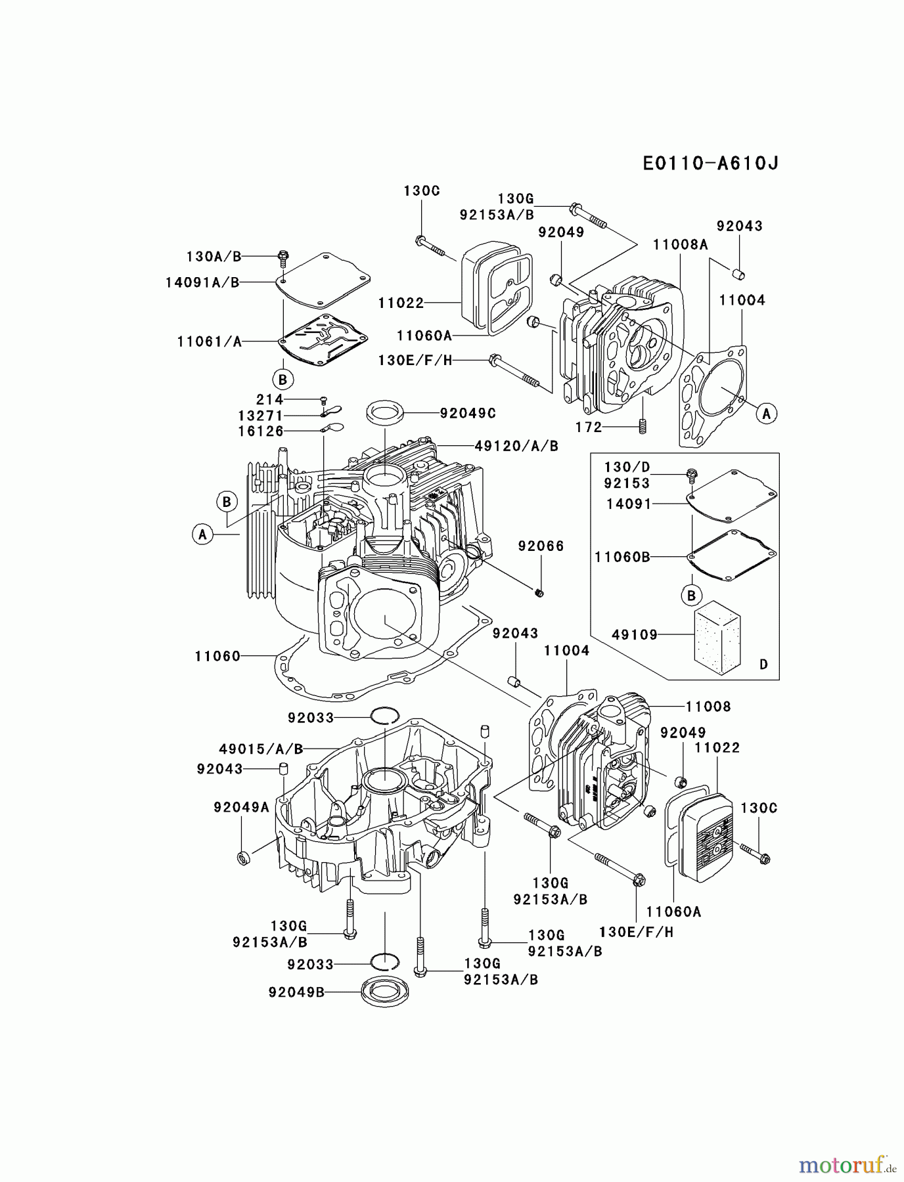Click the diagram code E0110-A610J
tap(710, 163)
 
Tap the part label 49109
tap(634, 634)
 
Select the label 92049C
tap(468, 413)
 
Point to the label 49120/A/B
tap(516, 446)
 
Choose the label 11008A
tap(680, 244)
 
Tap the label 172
tap(588, 427)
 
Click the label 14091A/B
tap(202, 282)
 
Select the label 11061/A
tap(209, 341)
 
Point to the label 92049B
tap(296, 992)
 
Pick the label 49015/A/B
tap(261, 749)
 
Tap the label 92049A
tap(241, 808)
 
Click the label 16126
tap(261, 431)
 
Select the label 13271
tap(260, 416)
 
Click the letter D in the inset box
tap(763, 665)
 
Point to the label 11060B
tap(621, 557)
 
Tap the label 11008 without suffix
tap(708, 707)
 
